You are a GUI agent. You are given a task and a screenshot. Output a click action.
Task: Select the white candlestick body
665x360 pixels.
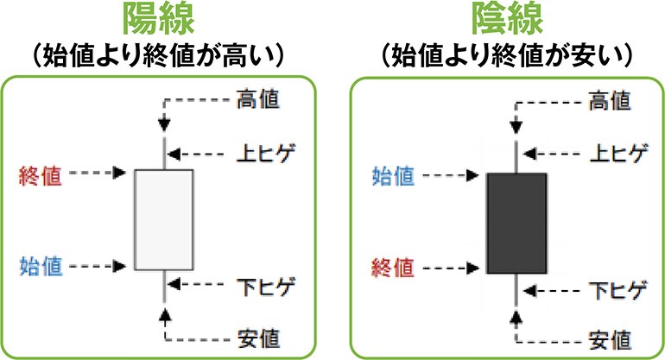[x=164, y=219]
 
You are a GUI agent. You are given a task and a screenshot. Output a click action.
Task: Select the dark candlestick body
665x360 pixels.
[x=516, y=224]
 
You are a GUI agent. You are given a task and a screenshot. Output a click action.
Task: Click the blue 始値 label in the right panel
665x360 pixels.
[x=393, y=177]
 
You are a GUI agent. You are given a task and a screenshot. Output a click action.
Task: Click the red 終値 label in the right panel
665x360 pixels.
[x=393, y=264]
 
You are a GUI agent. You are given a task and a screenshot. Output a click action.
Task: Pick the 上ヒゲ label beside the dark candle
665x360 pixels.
[x=616, y=155]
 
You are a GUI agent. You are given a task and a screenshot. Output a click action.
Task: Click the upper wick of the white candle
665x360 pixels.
[x=163, y=153]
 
